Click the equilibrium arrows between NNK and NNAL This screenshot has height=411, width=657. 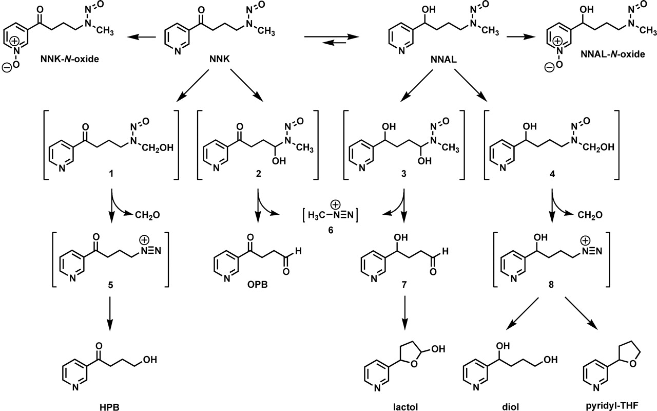pos(328,40)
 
